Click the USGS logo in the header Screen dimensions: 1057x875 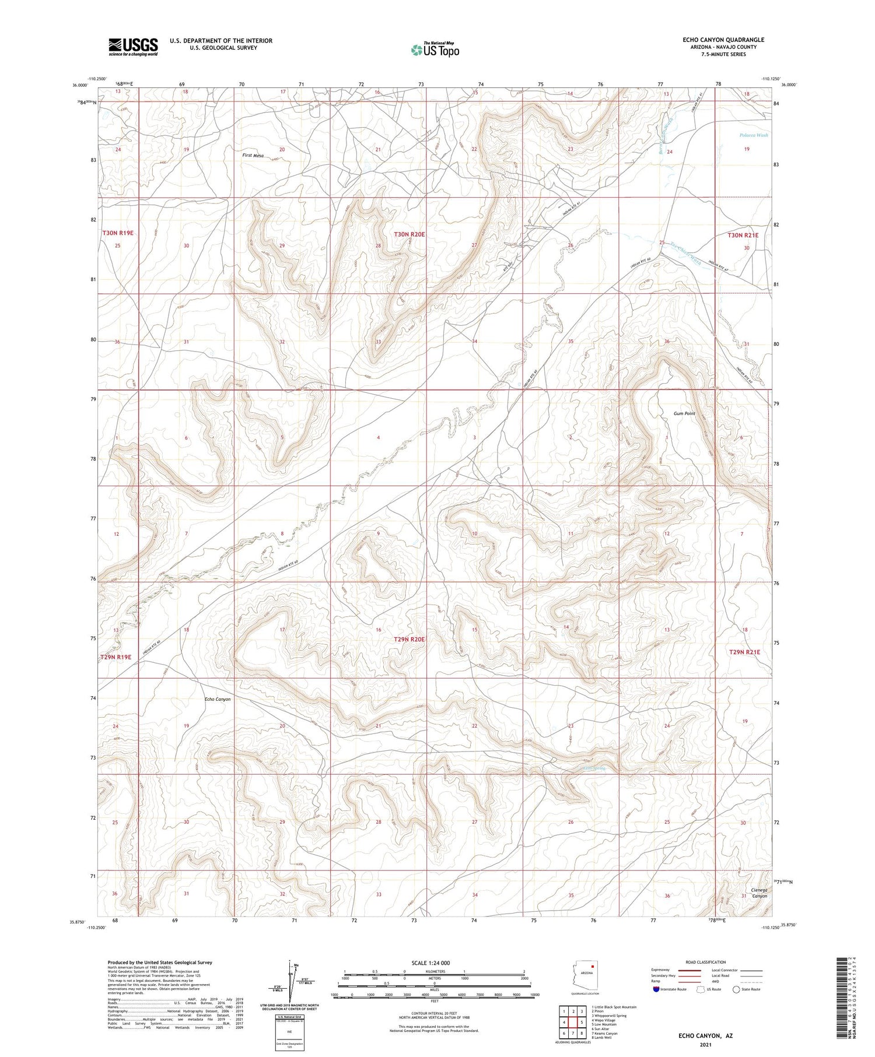click(x=133, y=47)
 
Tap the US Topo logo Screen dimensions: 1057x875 click(x=435, y=50)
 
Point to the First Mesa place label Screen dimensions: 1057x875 click(x=253, y=156)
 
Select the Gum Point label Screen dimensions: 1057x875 click(x=684, y=413)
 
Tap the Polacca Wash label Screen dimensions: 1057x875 click(x=754, y=135)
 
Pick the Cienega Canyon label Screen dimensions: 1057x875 click(x=759, y=893)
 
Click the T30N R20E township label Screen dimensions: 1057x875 click(x=409, y=234)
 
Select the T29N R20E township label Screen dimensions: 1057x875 click(x=409, y=640)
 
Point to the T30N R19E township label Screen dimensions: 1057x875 click(x=118, y=233)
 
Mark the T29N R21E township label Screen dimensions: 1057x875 click(x=744, y=652)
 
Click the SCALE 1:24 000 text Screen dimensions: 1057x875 click(x=430, y=963)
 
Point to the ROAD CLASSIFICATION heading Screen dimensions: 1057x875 click(x=706, y=962)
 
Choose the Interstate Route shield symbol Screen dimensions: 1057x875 click(x=656, y=989)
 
